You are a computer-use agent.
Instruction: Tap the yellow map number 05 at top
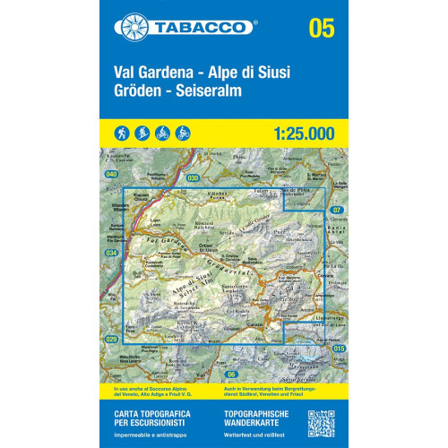click(320, 28)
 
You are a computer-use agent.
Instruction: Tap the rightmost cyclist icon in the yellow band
click(183, 132)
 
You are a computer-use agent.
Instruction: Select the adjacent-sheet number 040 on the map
click(111, 173)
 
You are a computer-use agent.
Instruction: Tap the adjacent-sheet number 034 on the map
click(111, 254)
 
